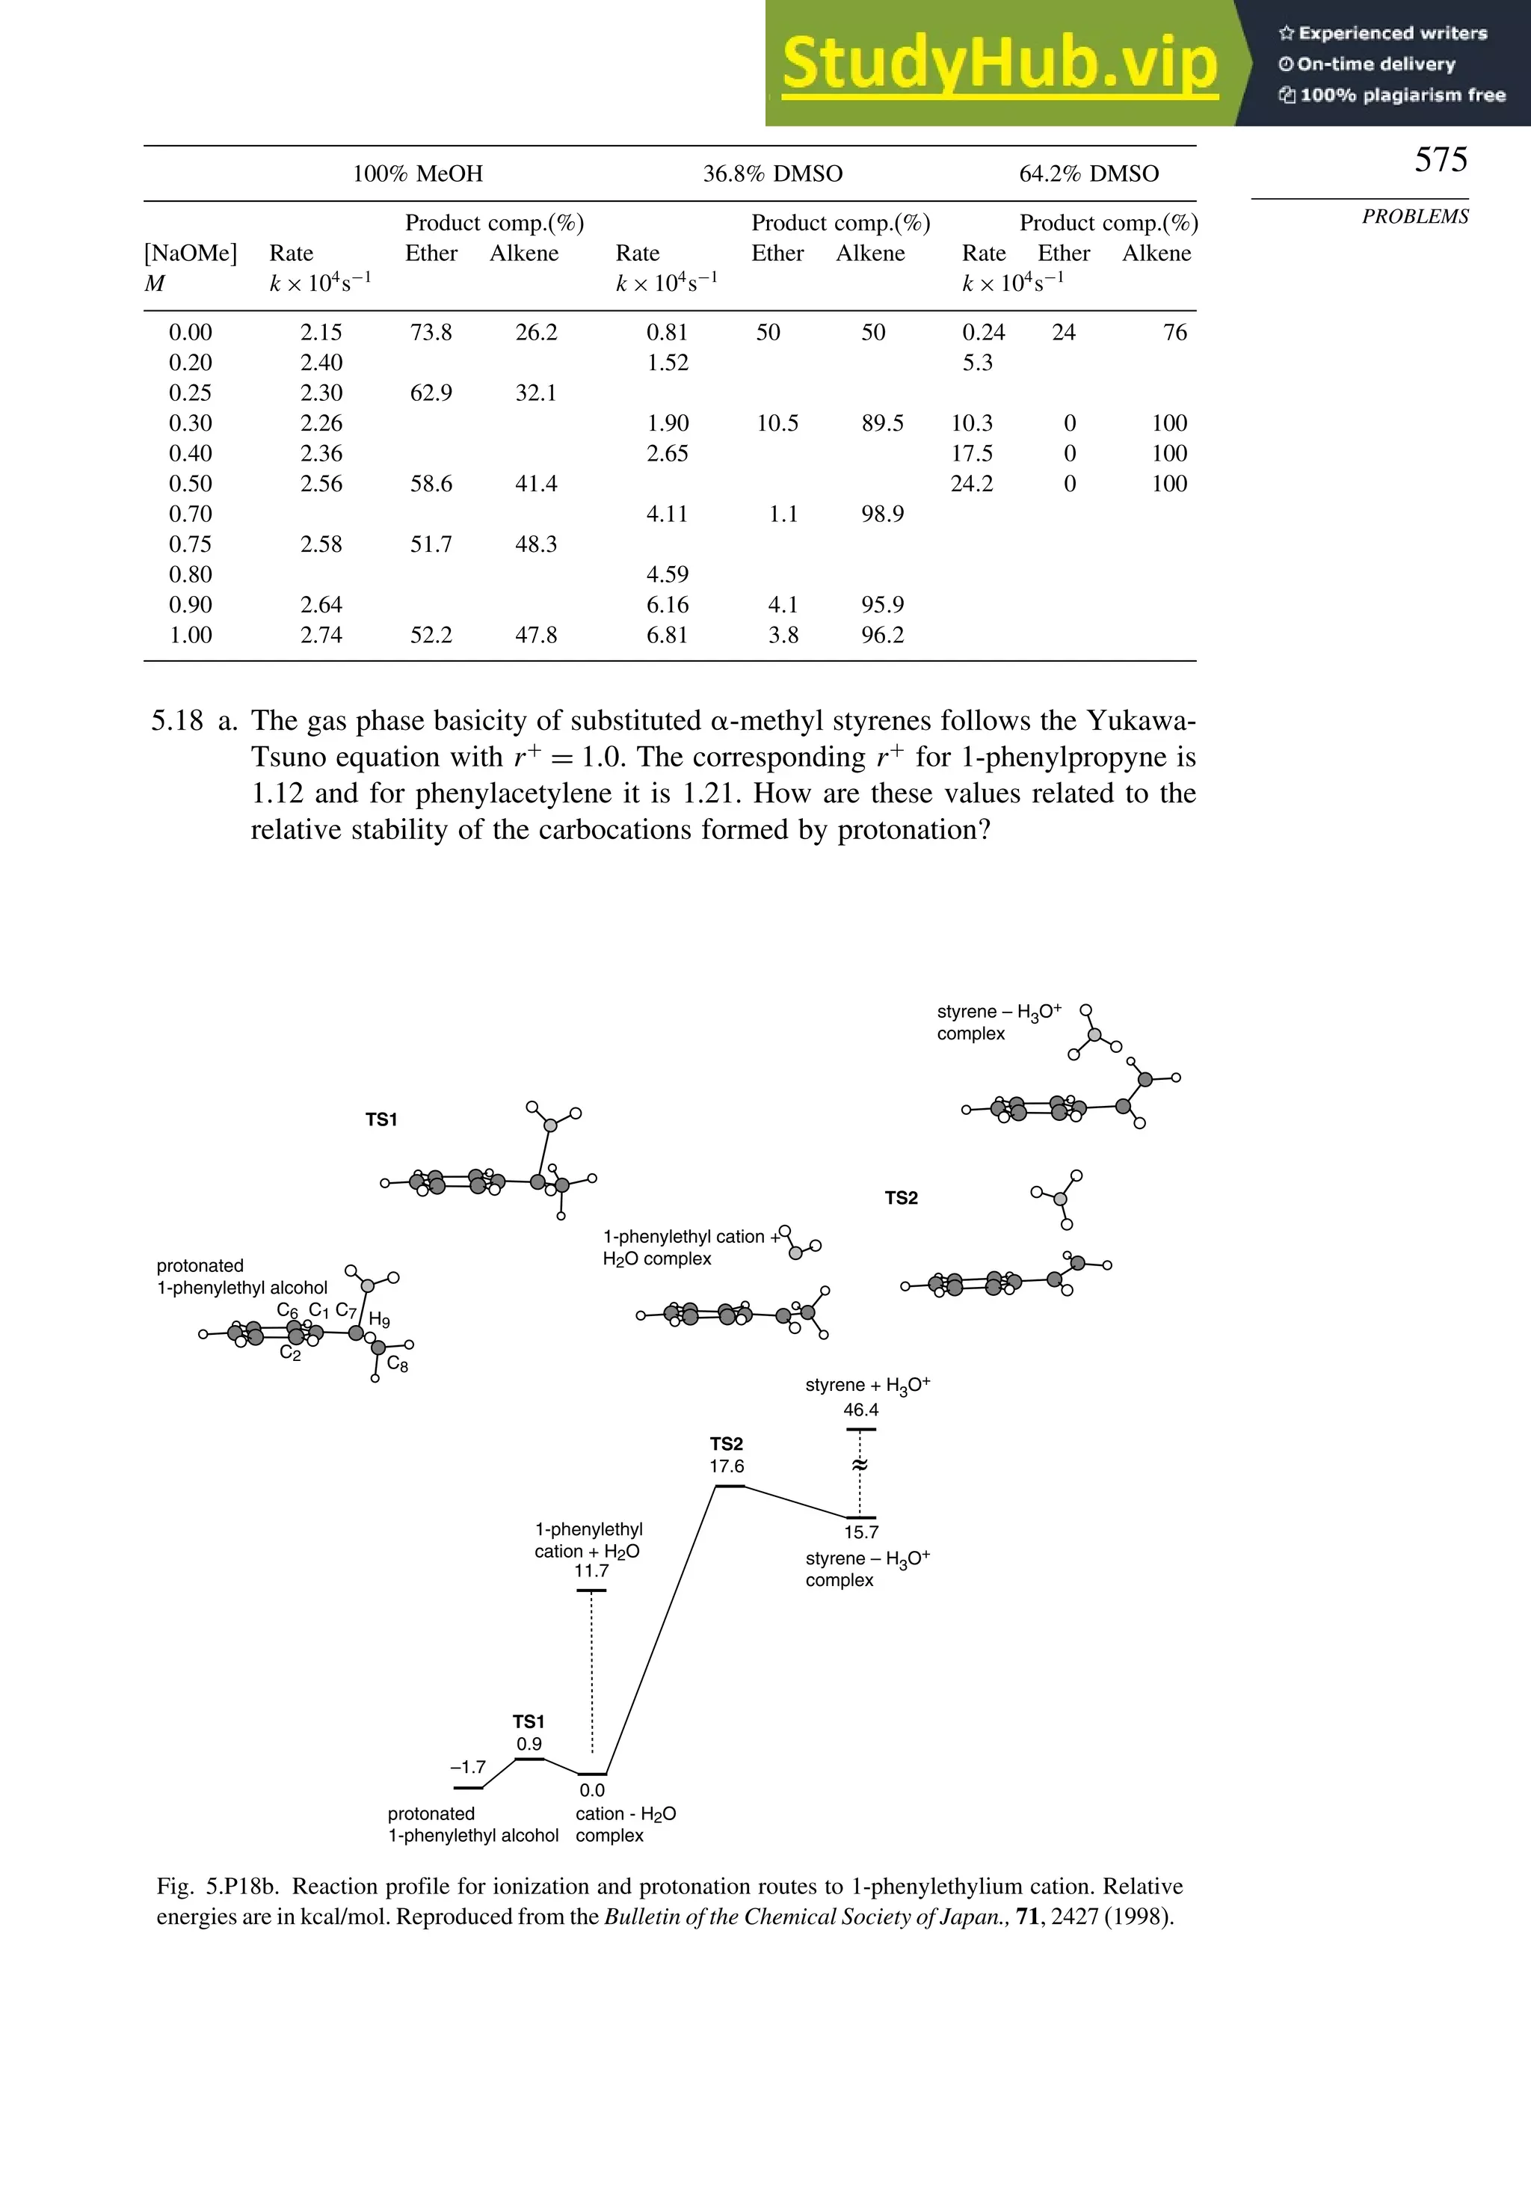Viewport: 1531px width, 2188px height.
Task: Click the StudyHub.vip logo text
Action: coord(999,63)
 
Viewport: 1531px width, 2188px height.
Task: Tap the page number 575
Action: coord(1440,159)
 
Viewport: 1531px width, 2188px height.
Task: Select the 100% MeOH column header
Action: coord(417,173)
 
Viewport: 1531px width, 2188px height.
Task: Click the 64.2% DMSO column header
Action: coord(1088,173)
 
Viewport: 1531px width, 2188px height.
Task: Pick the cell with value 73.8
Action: coord(431,333)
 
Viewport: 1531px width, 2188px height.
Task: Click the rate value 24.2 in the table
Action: coord(971,484)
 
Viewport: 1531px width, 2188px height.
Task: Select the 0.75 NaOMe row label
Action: coord(190,544)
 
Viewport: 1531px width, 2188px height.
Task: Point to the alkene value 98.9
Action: coord(881,514)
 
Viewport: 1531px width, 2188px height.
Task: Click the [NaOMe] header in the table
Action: coord(190,253)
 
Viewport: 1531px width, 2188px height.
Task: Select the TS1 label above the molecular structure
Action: coord(381,1119)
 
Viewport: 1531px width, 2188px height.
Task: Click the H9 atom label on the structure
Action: coord(379,1320)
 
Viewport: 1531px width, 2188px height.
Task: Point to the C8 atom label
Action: coord(397,1364)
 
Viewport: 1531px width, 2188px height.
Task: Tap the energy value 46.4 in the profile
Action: coord(860,1410)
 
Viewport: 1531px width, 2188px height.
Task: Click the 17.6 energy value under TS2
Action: coord(726,1466)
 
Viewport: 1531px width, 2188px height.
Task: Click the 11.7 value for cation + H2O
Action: coord(591,1570)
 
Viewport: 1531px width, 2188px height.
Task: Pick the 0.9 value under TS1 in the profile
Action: coord(529,1744)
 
